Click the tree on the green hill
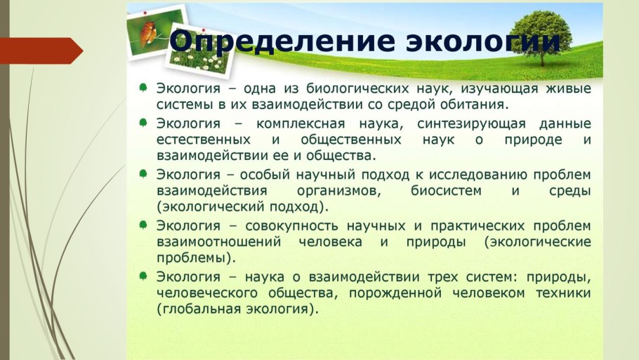click(x=541, y=37)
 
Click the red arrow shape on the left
click(x=41, y=51)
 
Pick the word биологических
click(x=357, y=89)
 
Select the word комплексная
click(x=301, y=124)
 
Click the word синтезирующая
click(x=471, y=124)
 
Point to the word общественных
click(x=351, y=140)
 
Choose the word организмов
click(x=338, y=191)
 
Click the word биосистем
click(x=446, y=191)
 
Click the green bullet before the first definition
click(x=143, y=88)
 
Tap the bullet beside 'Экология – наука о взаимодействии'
click(x=143, y=276)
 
